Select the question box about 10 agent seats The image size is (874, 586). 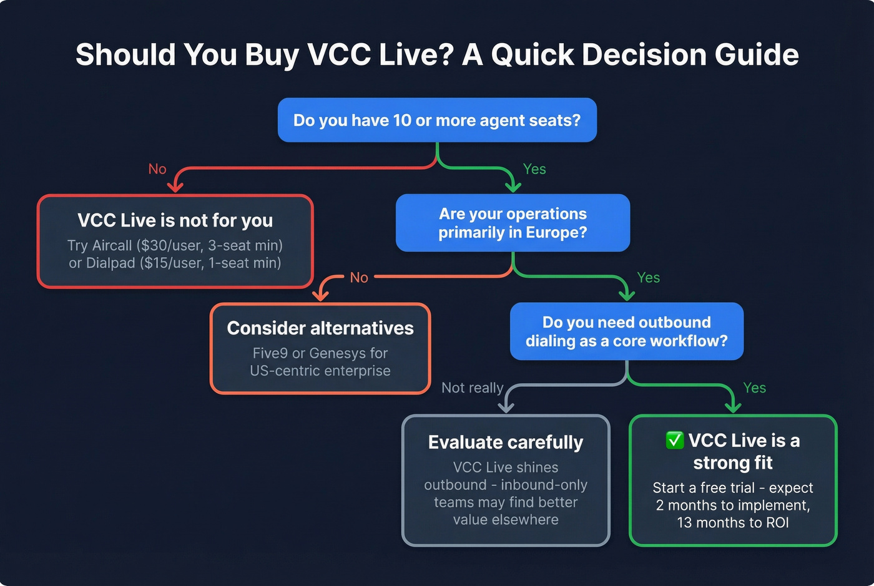tap(437, 120)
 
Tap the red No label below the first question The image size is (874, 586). tap(157, 169)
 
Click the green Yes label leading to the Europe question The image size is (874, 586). tap(534, 169)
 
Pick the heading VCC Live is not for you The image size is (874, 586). tap(175, 220)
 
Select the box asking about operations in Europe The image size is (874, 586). tap(513, 223)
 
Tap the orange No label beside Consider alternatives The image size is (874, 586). tap(359, 278)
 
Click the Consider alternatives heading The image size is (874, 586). tap(320, 328)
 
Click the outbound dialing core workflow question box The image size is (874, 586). tap(627, 331)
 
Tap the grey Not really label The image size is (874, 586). tap(472, 388)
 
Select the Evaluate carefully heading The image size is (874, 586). tap(506, 442)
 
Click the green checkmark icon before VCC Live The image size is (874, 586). tap(675, 440)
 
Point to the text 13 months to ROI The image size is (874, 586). tap(733, 522)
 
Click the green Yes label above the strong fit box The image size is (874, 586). tap(754, 388)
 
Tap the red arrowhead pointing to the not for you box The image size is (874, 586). tap(175, 187)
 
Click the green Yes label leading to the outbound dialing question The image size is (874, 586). tap(648, 278)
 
